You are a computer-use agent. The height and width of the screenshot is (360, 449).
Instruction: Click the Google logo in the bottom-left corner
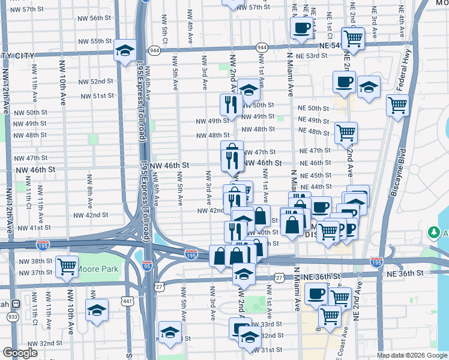pos(20,353)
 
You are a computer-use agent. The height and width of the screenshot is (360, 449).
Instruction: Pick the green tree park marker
pos(433,232)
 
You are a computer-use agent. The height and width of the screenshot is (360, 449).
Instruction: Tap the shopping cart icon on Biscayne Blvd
pos(397,105)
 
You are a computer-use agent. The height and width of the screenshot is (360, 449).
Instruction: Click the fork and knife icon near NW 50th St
pos(231,104)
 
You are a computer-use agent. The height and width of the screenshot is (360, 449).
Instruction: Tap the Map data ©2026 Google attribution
pos(412,355)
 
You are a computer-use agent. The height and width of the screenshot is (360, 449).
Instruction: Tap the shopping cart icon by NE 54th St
pos(353,38)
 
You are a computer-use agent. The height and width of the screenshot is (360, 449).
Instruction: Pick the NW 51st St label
pos(97,95)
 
